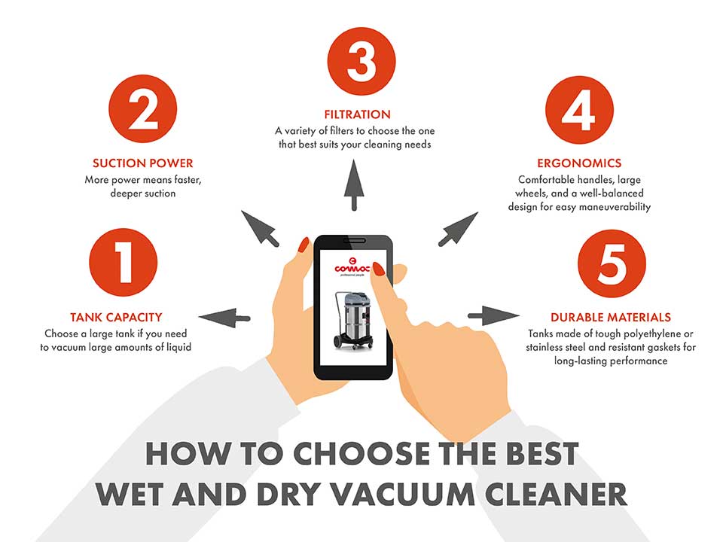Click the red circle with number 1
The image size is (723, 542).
124,264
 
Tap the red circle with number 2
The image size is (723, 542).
142,112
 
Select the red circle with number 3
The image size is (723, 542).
361,62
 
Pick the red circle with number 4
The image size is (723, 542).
579,112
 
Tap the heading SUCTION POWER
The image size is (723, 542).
142,163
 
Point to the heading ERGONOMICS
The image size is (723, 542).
579,163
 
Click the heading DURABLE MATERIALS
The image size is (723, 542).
610,317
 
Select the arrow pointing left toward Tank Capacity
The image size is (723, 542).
226,317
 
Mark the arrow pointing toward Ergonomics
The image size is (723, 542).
457,228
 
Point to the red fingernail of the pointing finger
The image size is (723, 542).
379,268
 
